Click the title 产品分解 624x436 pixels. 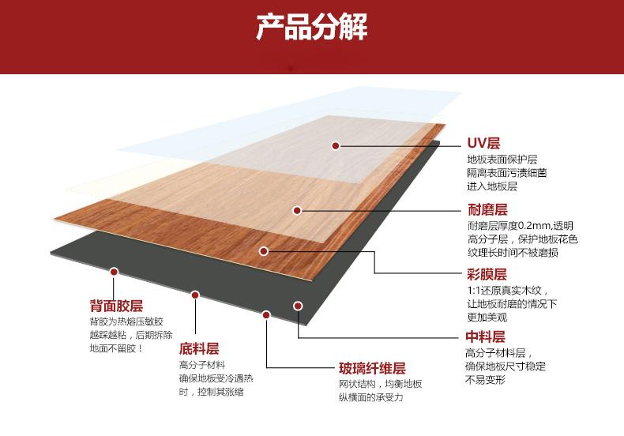[312, 28]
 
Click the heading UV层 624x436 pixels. [483, 143]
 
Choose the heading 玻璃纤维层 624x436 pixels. [372, 369]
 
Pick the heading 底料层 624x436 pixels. [199, 348]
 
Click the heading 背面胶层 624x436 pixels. [116, 306]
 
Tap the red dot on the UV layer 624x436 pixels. [336, 145]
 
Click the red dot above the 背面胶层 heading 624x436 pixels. [114, 272]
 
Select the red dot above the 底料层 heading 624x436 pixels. [195, 295]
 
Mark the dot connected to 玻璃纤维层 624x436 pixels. [266, 314]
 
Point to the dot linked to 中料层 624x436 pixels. [298, 305]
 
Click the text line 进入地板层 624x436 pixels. [491, 186]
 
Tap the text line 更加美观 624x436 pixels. [487, 318]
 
